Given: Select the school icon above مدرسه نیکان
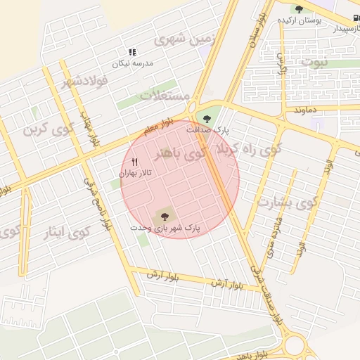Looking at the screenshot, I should [x=131, y=52].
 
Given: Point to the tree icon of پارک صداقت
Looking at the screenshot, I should [x=206, y=117].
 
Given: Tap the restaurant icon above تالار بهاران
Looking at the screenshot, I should [x=134, y=162].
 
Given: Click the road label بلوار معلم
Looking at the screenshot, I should [x=156, y=128].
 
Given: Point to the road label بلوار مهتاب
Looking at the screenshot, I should [x=86, y=129].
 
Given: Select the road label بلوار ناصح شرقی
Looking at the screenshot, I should [x=98, y=205].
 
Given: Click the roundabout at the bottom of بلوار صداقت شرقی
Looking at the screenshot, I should [x=295, y=346].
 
